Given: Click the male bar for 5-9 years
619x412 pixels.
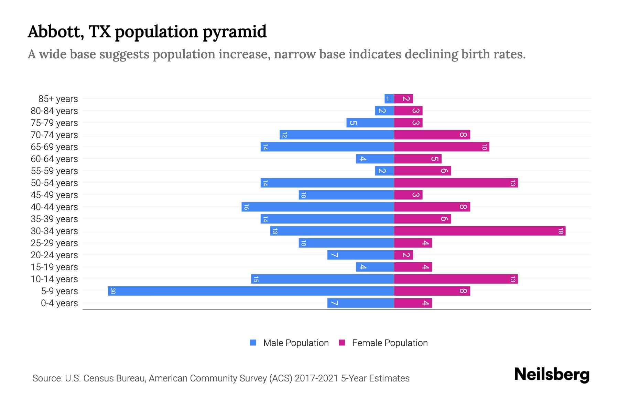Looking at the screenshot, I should [251, 291].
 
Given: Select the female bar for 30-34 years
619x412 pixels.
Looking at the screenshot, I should [480, 231].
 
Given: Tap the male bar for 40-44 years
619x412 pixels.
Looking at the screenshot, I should [318, 207].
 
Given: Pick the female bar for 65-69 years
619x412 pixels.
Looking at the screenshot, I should [442, 147].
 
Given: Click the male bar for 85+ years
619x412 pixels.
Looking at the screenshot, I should [389, 99].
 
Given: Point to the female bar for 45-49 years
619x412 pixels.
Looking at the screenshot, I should [408, 195].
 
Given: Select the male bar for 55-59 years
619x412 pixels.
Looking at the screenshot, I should [384, 171].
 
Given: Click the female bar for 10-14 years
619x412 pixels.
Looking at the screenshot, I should [456, 279].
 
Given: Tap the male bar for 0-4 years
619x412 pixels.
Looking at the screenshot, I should [360, 303].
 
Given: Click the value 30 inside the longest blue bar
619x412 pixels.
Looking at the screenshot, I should [113, 291].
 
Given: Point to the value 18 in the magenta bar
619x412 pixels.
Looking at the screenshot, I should [561, 231].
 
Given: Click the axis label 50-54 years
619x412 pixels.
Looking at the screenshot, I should [54, 183].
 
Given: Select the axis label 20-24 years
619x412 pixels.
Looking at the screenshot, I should [54, 255].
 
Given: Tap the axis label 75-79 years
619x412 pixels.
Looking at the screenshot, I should [54, 123].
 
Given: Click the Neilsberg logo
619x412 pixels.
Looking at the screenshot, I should [552, 374].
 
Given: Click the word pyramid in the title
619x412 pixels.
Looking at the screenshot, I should [235, 32].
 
